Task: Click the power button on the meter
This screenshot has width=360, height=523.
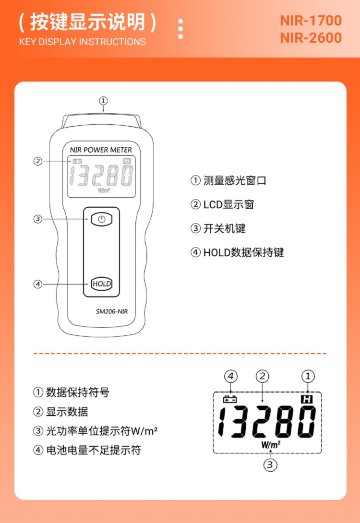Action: click(x=101, y=219)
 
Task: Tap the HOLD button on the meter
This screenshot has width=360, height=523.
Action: click(x=101, y=284)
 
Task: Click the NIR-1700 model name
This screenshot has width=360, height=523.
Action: click(x=311, y=21)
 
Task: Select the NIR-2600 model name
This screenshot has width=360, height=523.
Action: click(x=311, y=38)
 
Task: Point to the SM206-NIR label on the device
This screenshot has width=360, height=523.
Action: click(x=112, y=311)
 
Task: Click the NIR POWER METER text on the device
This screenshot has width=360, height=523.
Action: click(x=101, y=150)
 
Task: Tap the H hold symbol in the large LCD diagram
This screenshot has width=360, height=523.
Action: click(x=306, y=399)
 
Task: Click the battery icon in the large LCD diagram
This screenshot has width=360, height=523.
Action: click(x=230, y=399)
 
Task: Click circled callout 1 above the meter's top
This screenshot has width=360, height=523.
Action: click(x=103, y=101)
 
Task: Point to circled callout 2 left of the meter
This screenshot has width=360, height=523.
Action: click(x=38, y=161)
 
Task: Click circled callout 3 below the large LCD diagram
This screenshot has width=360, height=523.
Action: click(x=270, y=464)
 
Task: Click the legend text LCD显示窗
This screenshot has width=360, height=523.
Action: click(x=228, y=205)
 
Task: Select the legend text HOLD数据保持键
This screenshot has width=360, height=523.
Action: click(x=243, y=252)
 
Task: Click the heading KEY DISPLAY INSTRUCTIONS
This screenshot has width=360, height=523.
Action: click(x=83, y=42)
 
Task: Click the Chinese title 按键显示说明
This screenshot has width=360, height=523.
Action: click(x=87, y=22)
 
